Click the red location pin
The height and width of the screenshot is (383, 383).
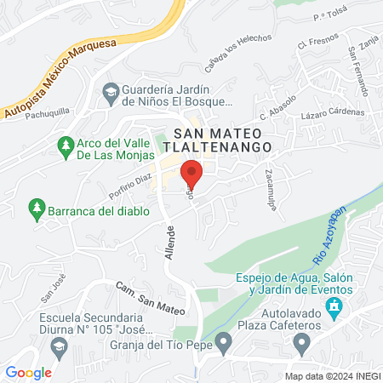point(191,176)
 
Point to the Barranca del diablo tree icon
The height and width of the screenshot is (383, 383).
point(36,207)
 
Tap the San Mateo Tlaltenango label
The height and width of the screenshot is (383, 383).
point(222,140)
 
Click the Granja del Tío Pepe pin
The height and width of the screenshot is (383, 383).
point(223,343)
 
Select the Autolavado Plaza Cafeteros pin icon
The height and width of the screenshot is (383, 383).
point(300,343)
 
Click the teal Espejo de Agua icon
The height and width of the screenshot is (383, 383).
point(336,305)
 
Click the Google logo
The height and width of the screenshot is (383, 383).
point(29,372)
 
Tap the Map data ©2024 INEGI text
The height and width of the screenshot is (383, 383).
point(331,376)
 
